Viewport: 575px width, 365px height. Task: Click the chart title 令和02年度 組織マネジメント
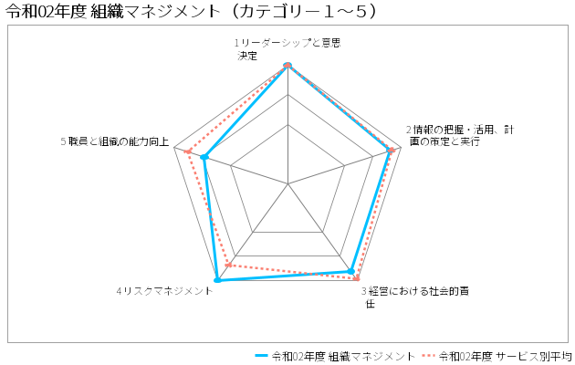click(191, 11)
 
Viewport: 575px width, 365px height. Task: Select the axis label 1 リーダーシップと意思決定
click(287, 49)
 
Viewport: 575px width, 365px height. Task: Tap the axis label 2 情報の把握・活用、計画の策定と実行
click(460, 135)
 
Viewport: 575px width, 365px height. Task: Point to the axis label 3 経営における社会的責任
click(415, 297)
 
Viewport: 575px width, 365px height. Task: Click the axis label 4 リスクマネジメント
click(164, 291)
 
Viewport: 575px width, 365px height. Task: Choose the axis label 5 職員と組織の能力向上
click(115, 141)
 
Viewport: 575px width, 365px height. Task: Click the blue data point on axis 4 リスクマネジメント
click(217, 280)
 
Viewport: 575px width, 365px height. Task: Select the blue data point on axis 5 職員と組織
click(204, 157)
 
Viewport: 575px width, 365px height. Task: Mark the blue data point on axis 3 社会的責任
click(351, 271)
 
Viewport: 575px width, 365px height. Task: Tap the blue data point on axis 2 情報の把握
click(389, 151)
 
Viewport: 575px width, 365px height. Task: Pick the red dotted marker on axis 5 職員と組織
click(188, 151)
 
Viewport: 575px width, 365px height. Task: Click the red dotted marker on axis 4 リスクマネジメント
click(228, 265)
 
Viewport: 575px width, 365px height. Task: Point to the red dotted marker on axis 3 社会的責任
click(356, 278)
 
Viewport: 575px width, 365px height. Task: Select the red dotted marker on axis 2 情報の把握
click(392, 150)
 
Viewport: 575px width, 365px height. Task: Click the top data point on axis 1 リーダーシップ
click(287, 65)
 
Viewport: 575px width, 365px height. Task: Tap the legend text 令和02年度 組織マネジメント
click(343, 356)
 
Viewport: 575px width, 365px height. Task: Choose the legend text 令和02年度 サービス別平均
click(506, 356)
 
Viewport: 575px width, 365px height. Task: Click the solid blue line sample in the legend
click(261, 356)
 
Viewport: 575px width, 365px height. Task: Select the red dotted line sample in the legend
click(428, 356)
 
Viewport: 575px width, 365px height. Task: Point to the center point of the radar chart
click(287, 183)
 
